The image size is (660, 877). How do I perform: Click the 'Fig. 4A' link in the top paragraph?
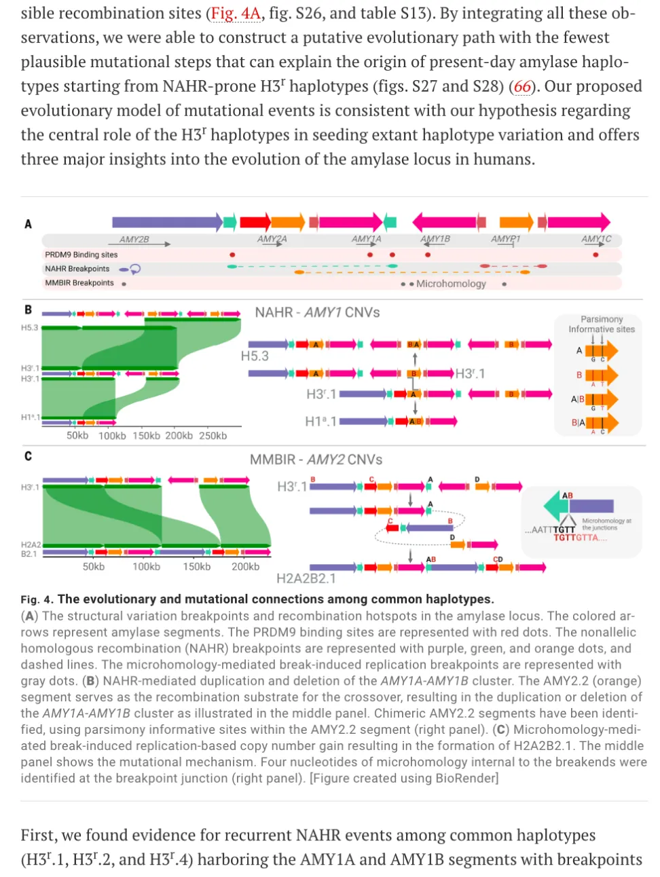[235, 13]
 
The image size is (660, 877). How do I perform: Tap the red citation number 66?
[522, 86]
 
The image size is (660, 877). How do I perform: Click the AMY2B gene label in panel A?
[134, 240]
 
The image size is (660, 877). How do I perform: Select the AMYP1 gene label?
[505, 239]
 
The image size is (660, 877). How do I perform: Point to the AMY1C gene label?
[595, 239]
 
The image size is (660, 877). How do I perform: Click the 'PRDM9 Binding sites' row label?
[81, 255]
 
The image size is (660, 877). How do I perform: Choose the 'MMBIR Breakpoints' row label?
[79, 283]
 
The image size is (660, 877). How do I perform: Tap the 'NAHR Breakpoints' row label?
[77, 269]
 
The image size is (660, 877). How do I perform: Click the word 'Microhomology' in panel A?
[451, 284]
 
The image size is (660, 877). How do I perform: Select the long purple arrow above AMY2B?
[166, 221]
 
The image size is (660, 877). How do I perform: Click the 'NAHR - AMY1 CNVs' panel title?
[317, 312]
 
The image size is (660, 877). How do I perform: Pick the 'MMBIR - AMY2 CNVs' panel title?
[316, 460]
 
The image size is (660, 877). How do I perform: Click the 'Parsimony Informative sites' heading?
[602, 324]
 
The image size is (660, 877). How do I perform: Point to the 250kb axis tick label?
[213, 436]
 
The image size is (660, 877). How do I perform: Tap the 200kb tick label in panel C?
[245, 566]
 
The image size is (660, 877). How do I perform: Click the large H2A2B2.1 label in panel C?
[306, 578]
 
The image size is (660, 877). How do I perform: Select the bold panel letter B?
[28, 310]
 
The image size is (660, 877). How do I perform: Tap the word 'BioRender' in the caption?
[466, 778]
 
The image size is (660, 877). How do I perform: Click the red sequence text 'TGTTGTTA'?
[576, 538]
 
